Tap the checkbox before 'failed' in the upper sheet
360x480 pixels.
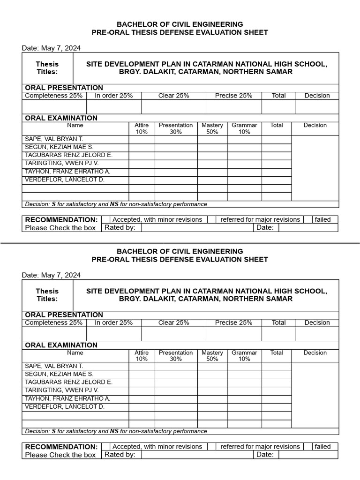(308, 219)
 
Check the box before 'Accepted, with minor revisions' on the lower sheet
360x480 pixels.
(105, 447)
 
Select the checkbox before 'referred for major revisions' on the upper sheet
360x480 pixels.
(212, 219)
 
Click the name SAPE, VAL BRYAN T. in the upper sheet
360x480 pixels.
(54, 139)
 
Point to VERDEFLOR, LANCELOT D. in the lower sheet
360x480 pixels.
(64, 406)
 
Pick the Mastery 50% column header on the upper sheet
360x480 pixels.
(212, 128)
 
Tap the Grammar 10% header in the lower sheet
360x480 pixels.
(244, 356)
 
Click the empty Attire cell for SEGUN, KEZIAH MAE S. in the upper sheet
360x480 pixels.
(142, 147)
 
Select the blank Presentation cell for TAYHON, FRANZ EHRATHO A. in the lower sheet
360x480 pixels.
(176, 399)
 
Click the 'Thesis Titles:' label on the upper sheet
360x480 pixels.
(47, 68)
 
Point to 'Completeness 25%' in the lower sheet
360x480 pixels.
(53, 322)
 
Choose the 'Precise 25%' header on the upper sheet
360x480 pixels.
(233, 96)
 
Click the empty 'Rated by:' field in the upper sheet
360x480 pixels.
(197, 228)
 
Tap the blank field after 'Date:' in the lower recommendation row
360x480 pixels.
(308, 455)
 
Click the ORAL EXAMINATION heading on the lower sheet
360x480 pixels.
(61, 345)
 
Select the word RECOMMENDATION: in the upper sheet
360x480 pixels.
(61, 219)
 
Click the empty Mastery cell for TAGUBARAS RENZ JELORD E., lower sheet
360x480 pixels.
(212, 382)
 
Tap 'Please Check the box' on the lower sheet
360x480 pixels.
(60, 455)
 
